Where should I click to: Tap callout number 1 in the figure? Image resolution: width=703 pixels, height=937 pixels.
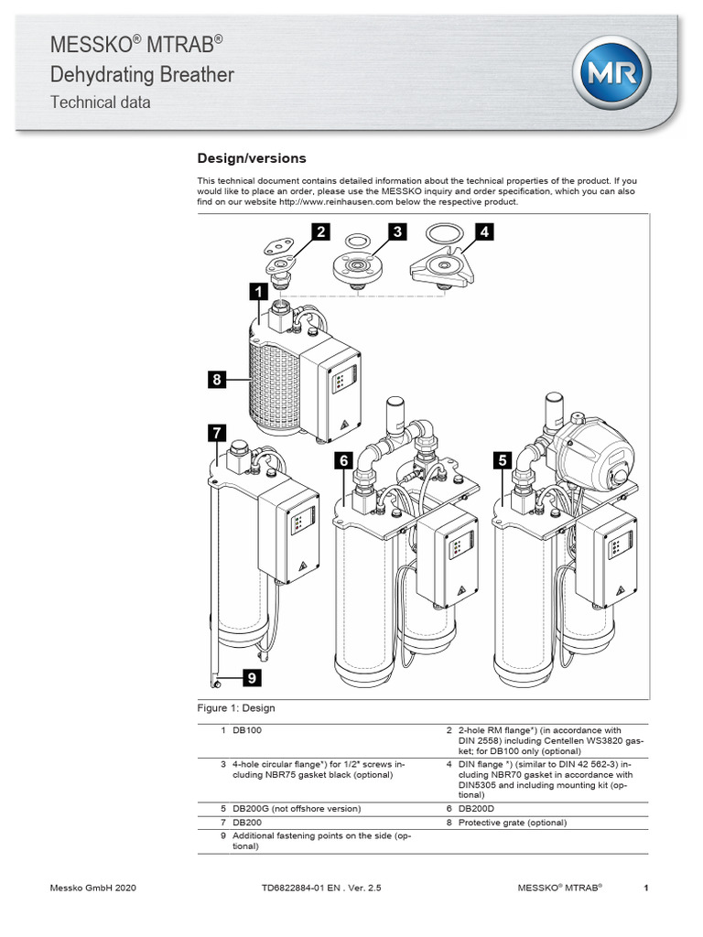(257, 293)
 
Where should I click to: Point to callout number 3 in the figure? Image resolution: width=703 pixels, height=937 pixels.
(396, 232)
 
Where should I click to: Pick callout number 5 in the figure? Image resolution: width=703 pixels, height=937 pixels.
(502, 462)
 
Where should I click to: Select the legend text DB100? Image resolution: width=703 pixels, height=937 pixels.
(247, 730)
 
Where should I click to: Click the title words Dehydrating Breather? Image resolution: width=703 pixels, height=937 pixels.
(142, 74)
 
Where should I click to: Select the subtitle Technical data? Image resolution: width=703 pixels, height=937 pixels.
(100, 102)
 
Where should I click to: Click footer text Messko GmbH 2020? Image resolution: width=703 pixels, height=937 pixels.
(92, 889)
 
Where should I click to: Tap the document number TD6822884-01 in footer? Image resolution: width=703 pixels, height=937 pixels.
(288, 889)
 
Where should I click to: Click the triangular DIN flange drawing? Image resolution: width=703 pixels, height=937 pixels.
(443, 267)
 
